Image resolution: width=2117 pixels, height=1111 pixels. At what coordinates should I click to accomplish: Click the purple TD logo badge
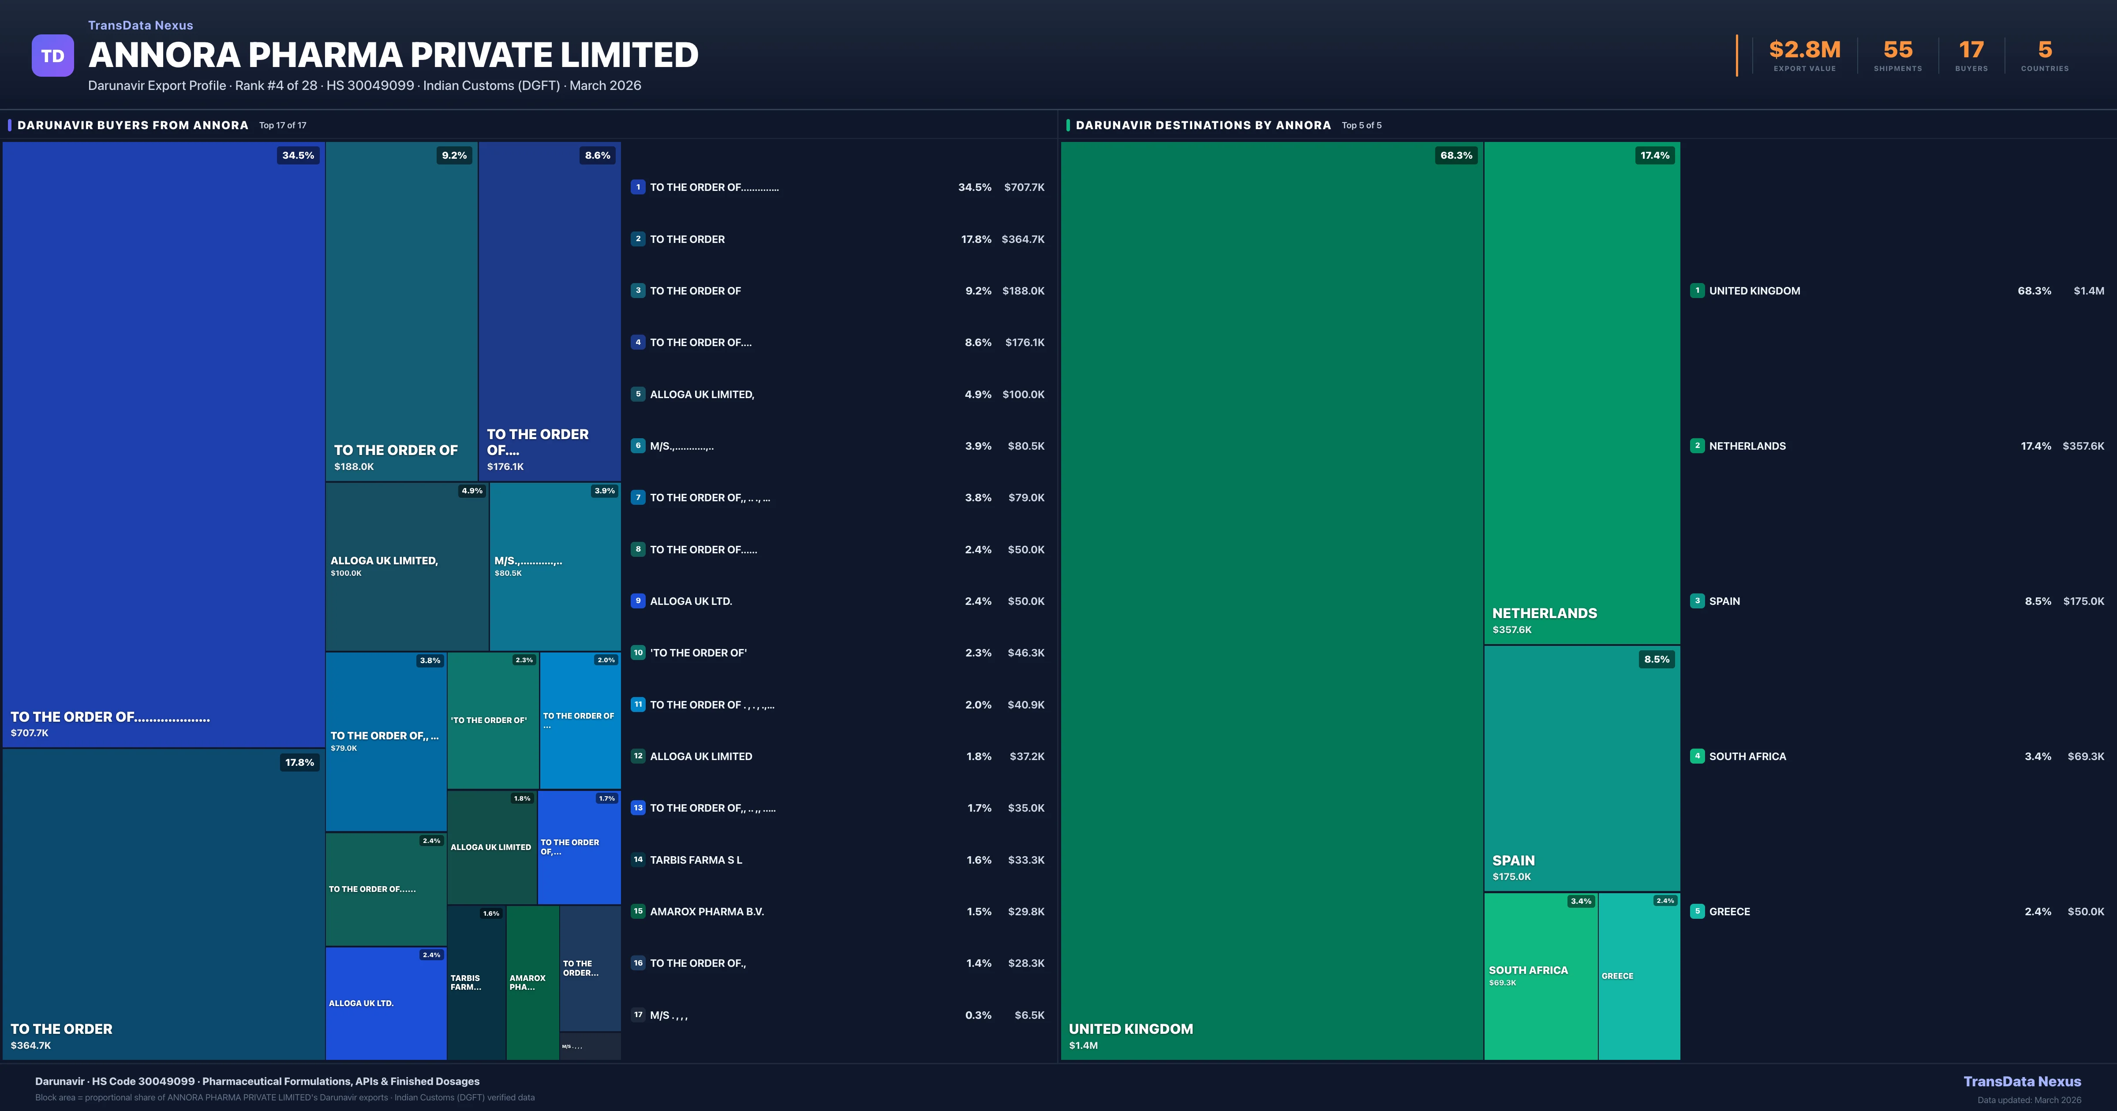(52, 56)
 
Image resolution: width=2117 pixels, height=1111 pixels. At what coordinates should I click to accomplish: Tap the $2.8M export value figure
(1805, 50)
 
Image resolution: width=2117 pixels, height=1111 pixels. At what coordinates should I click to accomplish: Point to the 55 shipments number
(1897, 50)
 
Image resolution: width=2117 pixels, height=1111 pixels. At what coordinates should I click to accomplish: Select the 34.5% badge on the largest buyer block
(298, 155)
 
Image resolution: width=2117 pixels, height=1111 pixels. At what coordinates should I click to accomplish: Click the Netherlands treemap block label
(1544, 613)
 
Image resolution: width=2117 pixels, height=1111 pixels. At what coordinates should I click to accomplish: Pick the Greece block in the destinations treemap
(1639, 976)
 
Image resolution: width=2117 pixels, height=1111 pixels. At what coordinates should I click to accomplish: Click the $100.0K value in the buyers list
(1023, 395)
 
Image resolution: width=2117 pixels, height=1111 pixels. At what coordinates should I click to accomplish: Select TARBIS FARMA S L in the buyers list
(695, 860)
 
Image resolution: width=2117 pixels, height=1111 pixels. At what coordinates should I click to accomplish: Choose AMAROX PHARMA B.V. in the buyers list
(707, 911)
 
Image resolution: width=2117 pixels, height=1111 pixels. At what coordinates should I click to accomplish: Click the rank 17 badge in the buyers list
(638, 1015)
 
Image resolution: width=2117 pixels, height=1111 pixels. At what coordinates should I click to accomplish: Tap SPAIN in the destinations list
(1724, 601)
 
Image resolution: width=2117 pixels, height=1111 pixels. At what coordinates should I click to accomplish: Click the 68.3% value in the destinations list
(2034, 291)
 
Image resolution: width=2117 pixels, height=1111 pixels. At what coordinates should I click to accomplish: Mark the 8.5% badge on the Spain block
(1656, 659)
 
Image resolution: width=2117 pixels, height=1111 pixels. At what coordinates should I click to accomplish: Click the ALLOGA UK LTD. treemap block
(385, 1003)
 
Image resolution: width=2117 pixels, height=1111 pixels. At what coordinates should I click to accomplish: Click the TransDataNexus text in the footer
(2022, 1081)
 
